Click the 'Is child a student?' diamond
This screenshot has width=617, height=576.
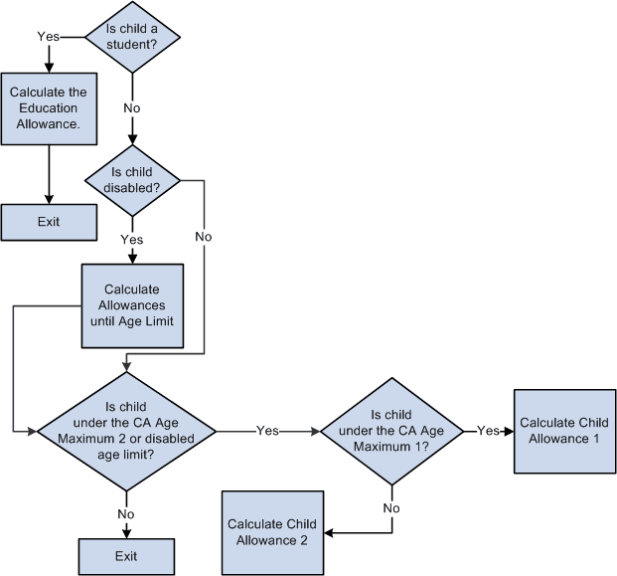[133, 38]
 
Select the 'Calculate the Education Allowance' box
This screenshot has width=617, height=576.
[49, 108]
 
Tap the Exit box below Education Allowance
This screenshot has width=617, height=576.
[49, 222]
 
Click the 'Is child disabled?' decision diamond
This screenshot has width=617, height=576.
[132, 178]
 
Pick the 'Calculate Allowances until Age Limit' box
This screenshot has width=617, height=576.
[132, 305]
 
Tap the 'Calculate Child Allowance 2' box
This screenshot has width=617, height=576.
[272, 531]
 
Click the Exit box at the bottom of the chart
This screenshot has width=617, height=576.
[126, 555]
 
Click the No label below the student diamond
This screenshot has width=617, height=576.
[132, 106]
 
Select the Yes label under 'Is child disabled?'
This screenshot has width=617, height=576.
[132, 239]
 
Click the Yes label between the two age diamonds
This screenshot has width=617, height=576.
[267, 431]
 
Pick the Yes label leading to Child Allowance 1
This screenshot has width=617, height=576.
[488, 431]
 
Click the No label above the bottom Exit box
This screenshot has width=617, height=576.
[126, 513]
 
